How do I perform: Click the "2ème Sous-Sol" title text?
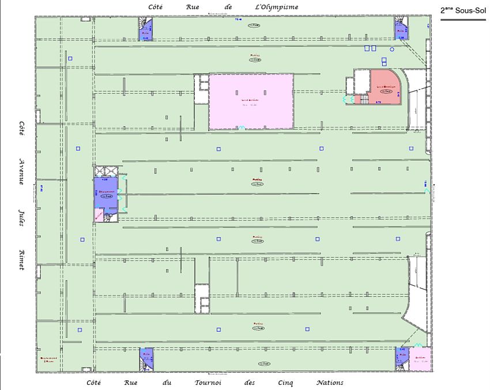[463, 10]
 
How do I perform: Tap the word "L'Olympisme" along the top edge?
[277, 7]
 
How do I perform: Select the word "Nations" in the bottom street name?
[329, 383]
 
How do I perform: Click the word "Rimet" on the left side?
[21, 259]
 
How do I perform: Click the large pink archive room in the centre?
[251, 101]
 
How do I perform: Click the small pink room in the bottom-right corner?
[420, 358]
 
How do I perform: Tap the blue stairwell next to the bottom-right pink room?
[402, 358]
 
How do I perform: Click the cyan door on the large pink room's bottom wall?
[242, 128]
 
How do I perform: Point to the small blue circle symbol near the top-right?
[392, 50]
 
